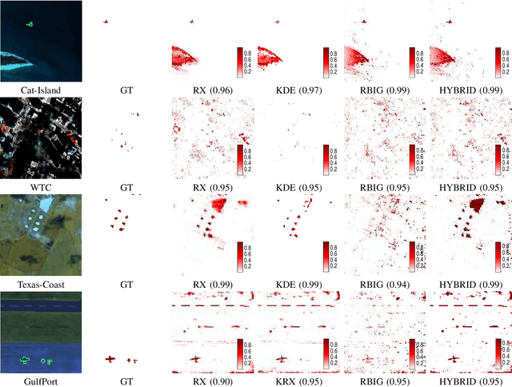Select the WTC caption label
coord(41,187)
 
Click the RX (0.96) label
coord(211,90)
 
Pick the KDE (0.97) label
coord(297,90)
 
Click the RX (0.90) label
coord(211,381)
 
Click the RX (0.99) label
coord(211,284)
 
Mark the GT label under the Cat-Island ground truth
coord(126,90)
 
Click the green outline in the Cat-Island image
coord(30,24)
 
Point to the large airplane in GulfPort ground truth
coord(110,360)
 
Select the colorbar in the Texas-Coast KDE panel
coord(326,257)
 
